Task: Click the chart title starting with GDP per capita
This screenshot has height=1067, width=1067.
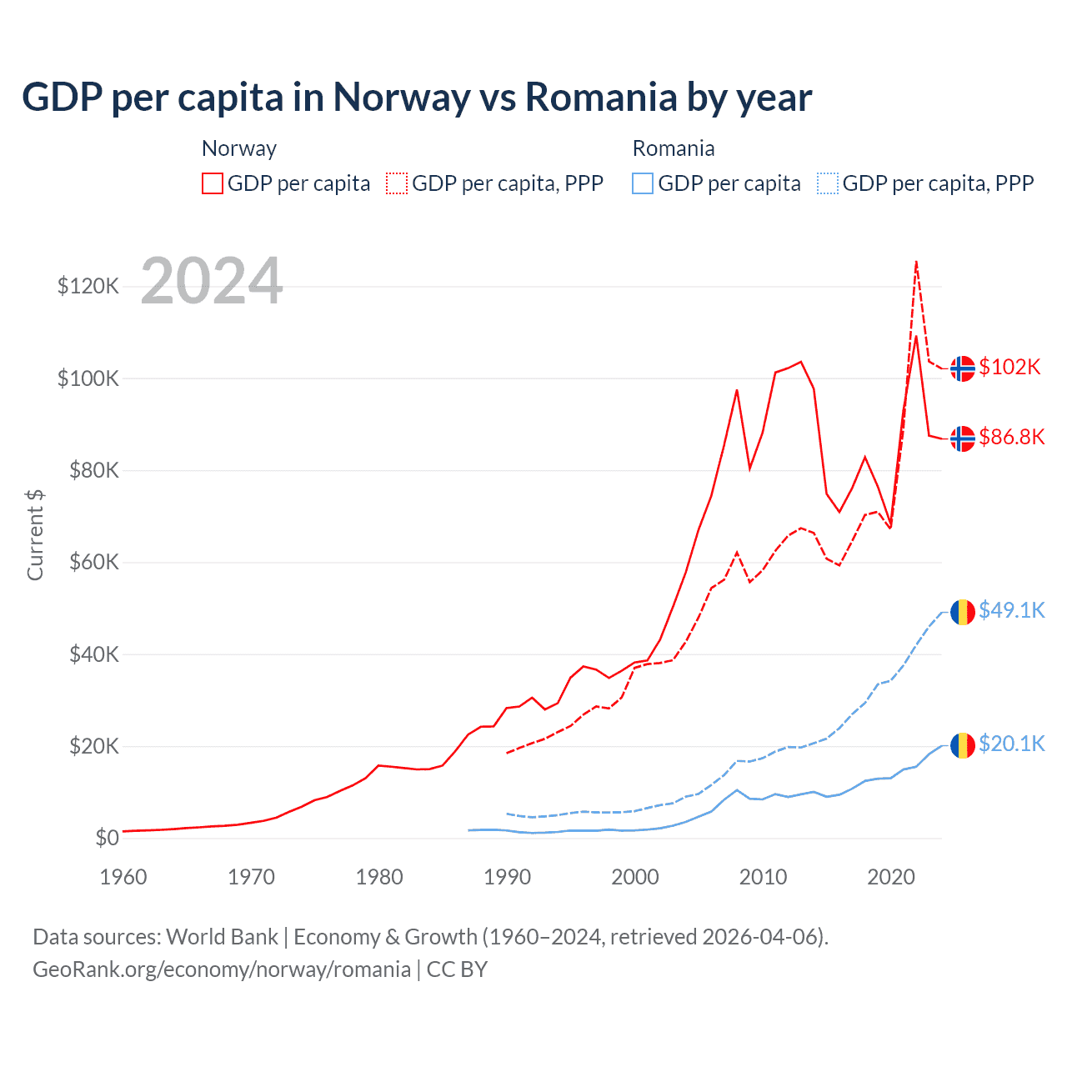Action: coord(417,98)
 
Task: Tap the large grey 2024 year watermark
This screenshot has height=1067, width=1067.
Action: coord(212,281)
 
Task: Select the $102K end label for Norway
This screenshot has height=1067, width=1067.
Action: coord(1009,367)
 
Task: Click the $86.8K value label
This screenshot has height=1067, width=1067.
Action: coord(1011,437)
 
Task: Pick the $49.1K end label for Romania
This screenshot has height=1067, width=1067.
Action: coord(1011,610)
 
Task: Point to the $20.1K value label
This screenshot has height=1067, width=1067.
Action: coord(1011,744)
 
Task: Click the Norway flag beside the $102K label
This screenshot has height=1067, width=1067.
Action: coord(963,368)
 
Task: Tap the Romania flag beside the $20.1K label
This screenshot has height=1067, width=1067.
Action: coord(963,744)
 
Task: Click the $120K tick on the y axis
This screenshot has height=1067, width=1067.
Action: coord(88,287)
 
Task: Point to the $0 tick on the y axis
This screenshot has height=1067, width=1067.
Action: coord(107,838)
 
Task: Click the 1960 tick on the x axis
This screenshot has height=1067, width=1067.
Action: coord(123,877)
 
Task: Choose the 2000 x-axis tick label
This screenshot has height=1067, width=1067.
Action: coord(635,877)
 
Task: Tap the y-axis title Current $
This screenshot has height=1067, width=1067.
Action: coord(35,534)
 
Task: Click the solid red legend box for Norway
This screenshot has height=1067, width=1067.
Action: coord(213,183)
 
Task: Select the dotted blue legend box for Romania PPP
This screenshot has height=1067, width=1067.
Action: coord(828,183)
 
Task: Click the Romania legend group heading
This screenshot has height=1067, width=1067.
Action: coord(674,148)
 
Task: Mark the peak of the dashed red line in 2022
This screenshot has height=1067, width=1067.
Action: coord(916,262)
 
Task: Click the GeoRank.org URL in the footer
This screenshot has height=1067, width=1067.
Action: coord(222,969)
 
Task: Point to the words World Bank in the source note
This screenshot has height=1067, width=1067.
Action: coord(222,937)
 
